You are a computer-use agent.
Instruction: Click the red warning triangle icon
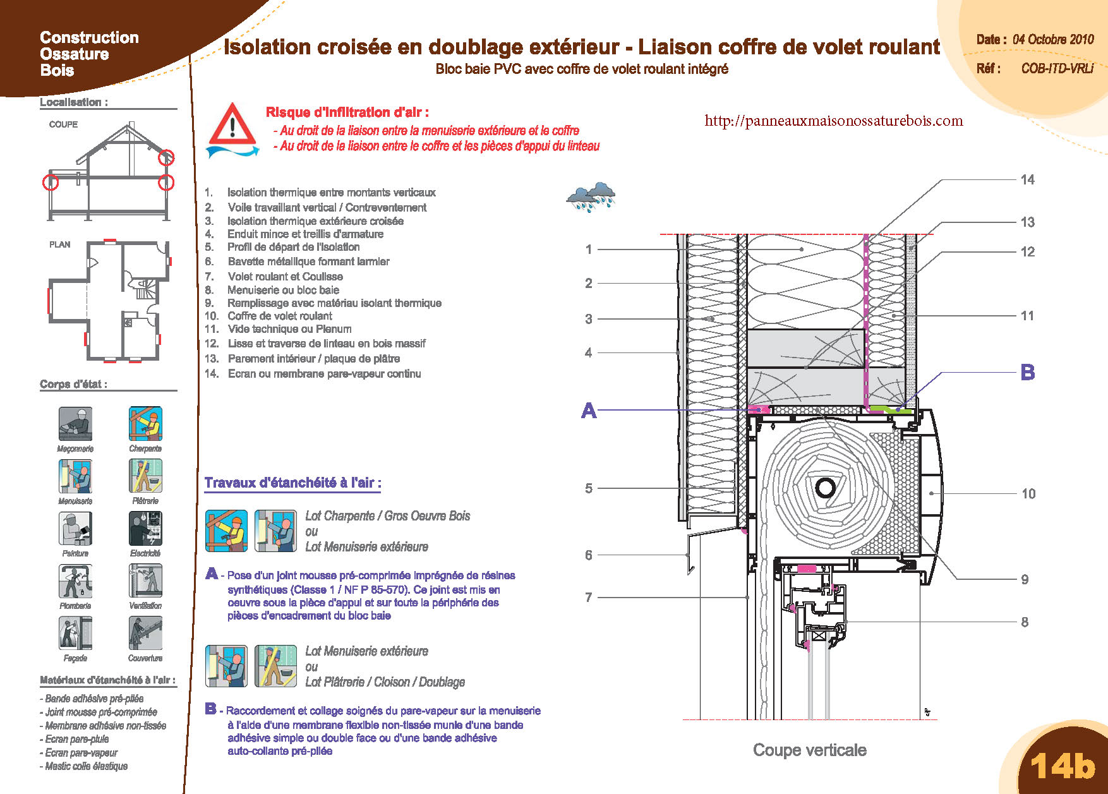pos(232,124)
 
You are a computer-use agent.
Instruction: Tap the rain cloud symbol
pos(591,197)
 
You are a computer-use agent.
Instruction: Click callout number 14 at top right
pos(1028,180)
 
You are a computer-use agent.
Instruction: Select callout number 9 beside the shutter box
pos(1025,579)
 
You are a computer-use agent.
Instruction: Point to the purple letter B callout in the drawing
pos(1028,373)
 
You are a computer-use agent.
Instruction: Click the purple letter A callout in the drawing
pos(589,411)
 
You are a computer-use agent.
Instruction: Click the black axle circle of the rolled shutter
pos(825,487)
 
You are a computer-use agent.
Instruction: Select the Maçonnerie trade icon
pos(75,424)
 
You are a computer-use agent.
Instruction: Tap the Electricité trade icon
pos(145,529)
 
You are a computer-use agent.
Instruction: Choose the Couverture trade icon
pos(145,633)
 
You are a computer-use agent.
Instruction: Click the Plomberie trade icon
pos(75,580)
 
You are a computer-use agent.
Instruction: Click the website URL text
pos(834,121)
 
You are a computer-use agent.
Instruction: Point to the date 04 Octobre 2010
pos(1053,39)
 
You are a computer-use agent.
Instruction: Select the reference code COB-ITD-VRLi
pos(1057,68)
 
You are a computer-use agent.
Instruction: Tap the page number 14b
pos(1063,766)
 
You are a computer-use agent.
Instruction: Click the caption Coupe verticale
pos(810,750)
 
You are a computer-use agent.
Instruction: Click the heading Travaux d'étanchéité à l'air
pos(292,483)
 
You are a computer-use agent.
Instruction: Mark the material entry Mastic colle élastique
pos(84,766)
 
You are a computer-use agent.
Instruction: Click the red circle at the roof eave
pos(166,157)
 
